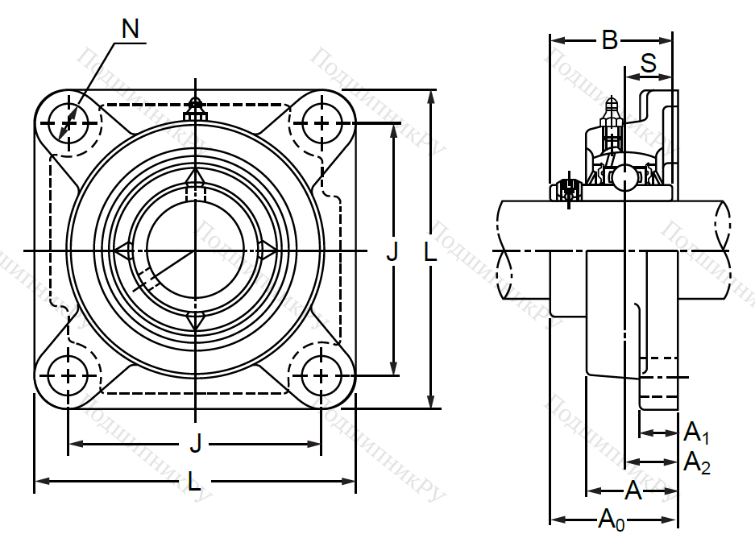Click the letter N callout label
130,29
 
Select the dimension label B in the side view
610,39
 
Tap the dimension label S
649,62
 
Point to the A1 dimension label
695,435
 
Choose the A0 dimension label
611,521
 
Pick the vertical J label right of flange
392,252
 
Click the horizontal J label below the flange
194,442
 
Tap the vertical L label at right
430,252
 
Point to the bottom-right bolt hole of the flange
321,375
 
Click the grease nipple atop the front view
193,107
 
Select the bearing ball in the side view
624,178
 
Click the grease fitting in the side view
610,121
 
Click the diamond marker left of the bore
123,251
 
